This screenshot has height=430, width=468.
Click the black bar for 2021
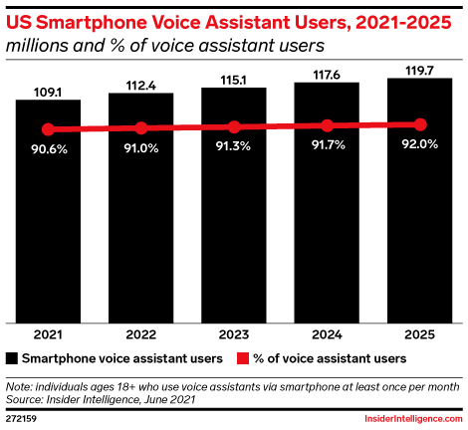click(x=48, y=211)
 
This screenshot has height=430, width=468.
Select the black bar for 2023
click(x=234, y=205)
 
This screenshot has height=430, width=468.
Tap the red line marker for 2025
click(x=420, y=124)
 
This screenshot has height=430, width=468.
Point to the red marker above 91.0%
click(x=141, y=128)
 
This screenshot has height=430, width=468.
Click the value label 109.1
click(x=48, y=93)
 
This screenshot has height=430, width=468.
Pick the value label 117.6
click(x=327, y=75)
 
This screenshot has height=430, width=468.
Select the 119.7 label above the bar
click(x=419, y=71)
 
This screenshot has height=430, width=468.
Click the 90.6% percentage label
click(x=50, y=149)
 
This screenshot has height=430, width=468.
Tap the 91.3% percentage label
click(x=233, y=146)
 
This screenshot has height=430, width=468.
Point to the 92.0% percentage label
click(x=420, y=144)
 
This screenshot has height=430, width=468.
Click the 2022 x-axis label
click(x=141, y=334)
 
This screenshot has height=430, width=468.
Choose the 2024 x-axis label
click(x=327, y=334)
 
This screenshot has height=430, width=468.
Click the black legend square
click(x=12, y=358)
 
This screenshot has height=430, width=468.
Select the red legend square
click(x=243, y=358)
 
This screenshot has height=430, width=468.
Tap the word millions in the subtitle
click(x=38, y=46)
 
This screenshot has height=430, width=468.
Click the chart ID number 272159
click(x=21, y=419)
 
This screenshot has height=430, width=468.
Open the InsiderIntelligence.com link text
click(x=413, y=419)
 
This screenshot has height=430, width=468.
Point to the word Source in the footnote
click(x=24, y=399)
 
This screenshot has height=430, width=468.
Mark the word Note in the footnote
click(x=18, y=387)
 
